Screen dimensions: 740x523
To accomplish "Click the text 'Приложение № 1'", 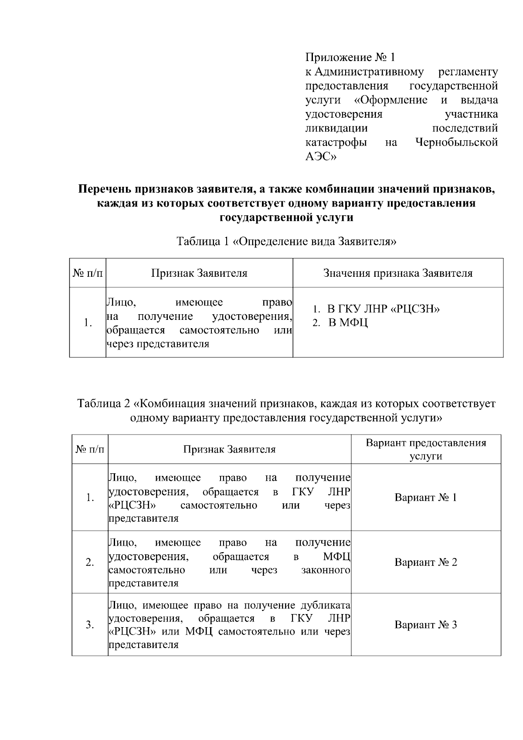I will click(x=350, y=58).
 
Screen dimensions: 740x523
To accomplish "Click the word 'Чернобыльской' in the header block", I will click(x=457, y=143).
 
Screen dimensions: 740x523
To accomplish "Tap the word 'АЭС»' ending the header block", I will click(x=321, y=156).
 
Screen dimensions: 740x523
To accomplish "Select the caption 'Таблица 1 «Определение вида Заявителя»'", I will click(x=286, y=241).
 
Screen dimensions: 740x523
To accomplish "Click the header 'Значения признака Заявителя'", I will click(x=397, y=273).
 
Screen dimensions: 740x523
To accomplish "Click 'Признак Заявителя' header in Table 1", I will click(x=199, y=273).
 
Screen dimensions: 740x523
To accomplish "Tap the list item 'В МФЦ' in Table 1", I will click(x=348, y=323).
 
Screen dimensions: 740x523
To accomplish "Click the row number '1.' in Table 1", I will click(x=88, y=323).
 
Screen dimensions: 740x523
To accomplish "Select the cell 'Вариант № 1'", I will click(x=425, y=498).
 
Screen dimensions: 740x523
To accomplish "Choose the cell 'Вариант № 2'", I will click(x=425, y=562).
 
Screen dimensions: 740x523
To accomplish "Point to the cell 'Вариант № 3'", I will click(x=425, y=625).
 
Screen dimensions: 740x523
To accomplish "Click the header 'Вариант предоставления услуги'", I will click(x=425, y=449).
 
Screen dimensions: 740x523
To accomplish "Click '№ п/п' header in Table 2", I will click(x=90, y=449).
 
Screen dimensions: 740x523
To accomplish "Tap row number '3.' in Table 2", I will click(x=90, y=625).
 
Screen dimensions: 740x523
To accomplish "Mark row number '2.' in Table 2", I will click(x=90, y=562).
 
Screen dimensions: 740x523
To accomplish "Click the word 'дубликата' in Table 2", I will click(x=326, y=605).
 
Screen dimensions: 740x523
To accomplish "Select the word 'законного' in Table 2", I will click(x=326, y=570).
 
